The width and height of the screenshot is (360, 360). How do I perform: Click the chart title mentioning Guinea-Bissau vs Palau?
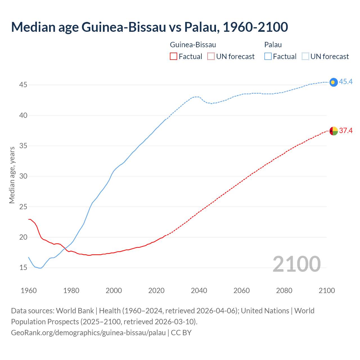coord(149,27)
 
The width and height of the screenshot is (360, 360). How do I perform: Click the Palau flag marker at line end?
coord(333,82)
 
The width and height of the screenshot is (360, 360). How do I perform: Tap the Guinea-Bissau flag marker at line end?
coord(333,131)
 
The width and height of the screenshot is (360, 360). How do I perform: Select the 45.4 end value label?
coord(346,82)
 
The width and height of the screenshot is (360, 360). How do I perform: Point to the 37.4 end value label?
coord(346,130)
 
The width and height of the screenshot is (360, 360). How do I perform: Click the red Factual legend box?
coord(174,57)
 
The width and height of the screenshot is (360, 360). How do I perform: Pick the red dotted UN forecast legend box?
coord(211,57)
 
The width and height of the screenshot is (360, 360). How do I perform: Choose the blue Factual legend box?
coord(268,57)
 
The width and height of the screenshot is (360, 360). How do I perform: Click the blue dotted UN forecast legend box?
coord(305,57)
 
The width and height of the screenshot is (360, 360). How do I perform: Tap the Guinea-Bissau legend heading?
coord(193,45)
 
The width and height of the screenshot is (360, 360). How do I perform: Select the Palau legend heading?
coord(273,45)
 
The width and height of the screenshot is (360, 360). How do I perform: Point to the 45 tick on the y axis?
coord(23,85)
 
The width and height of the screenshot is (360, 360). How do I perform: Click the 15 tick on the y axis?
coord(23,267)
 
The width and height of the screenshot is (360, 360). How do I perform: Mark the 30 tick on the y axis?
coord(23,176)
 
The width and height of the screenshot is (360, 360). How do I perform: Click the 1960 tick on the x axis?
coord(29,291)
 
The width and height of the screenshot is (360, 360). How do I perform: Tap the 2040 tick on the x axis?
coord(199,291)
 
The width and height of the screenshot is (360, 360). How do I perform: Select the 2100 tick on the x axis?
coord(327,291)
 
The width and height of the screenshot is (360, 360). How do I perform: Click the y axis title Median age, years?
coord(12,175)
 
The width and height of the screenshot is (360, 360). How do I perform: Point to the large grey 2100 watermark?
coord(296,264)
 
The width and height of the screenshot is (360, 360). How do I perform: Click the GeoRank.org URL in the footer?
coord(88,333)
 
